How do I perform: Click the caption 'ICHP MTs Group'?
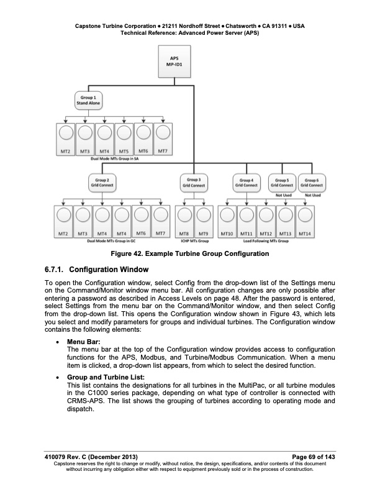click(194, 240)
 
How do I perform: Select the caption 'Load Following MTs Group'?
click(266, 240)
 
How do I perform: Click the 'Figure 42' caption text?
click(189, 253)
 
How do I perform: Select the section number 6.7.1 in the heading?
click(53, 270)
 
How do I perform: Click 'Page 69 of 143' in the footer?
click(309, 458)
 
